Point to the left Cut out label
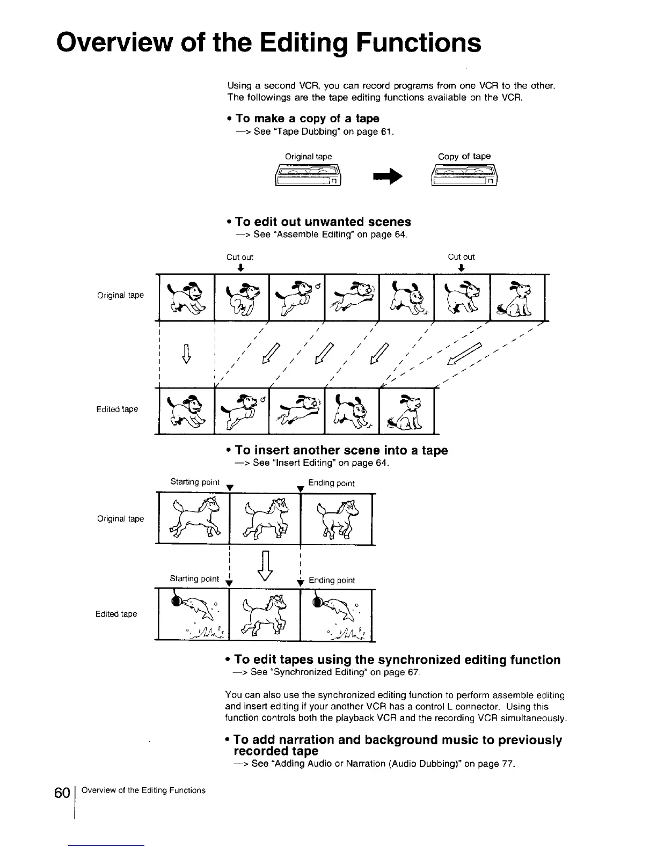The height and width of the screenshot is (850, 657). [x=240, y=257]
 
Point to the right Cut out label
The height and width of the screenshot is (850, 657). [x=461, y=257]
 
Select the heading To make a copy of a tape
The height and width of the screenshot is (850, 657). [x=307, y=118]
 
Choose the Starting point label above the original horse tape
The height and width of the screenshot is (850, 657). [x=195, y=482]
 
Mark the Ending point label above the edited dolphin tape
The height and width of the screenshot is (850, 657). [x=332, y=580]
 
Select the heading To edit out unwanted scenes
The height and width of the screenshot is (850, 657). [x=323, y=222]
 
